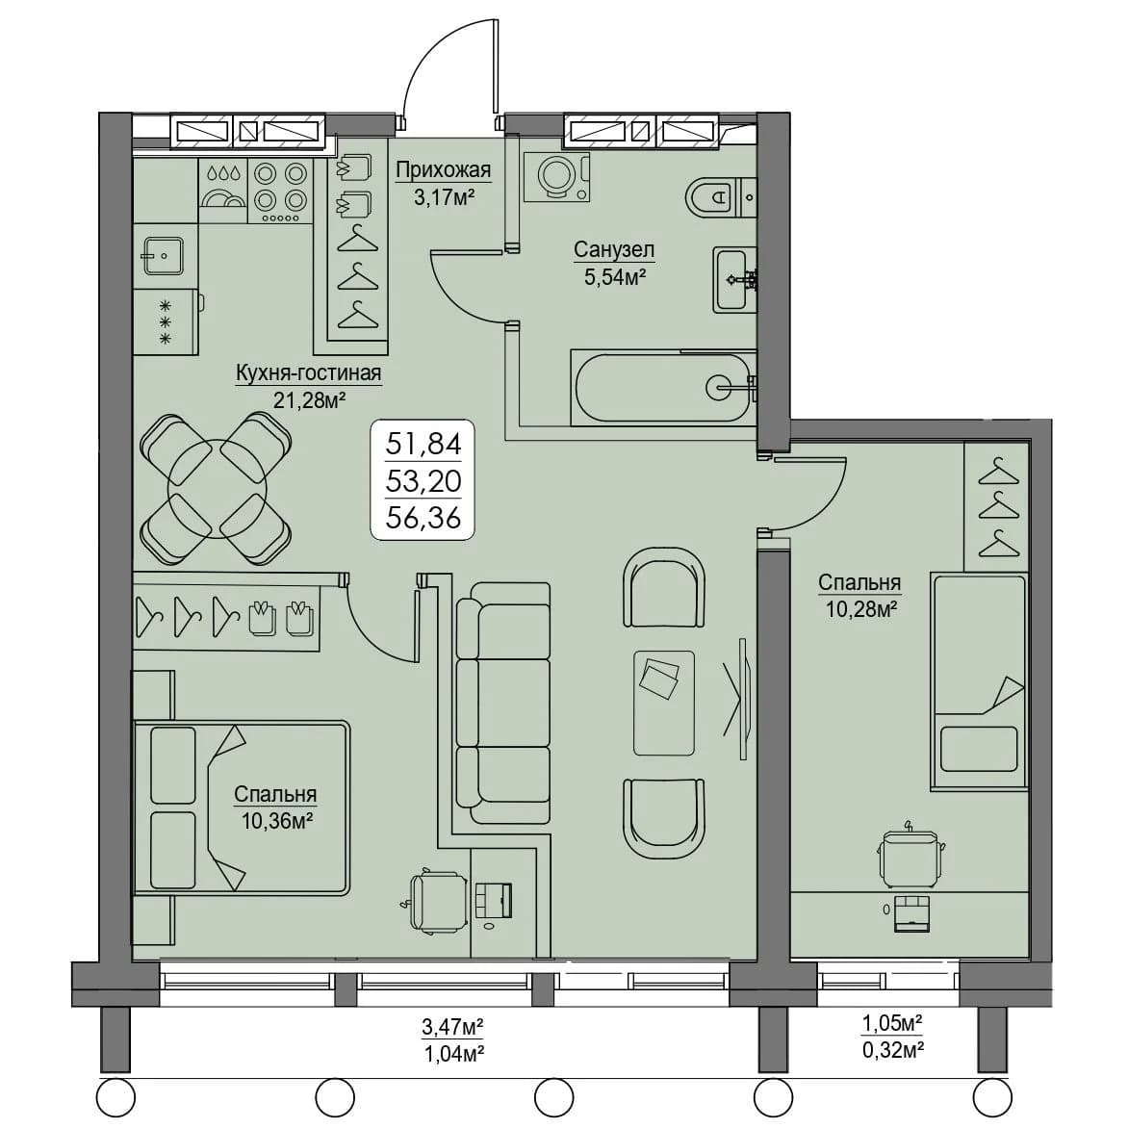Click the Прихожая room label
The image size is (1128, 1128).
[x=443, y=170]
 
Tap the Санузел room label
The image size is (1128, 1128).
[x=614, y=249]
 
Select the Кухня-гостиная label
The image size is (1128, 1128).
[x=309, y=372]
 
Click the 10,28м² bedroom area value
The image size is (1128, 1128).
[x=861, y=609]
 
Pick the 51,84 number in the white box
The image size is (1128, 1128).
[x=423, y=443]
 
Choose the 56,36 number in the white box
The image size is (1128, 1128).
[x=423, y=517]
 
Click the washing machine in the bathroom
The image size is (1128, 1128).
[x=557, y=175]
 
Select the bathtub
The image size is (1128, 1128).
[x=661, y=387]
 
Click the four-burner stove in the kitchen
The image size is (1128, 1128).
[x=279, y=192]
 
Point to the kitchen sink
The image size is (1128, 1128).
[x=164, y=255]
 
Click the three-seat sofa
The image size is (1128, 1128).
[x=504, y=703]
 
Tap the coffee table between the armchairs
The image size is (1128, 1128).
[x=663, y=703]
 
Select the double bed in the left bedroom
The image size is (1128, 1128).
[x=242, y=808]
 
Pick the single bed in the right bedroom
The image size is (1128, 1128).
[x=979, y=681]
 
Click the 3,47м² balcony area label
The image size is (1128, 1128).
[x=451, y=1026]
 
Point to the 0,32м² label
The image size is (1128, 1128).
[x=893, y=1050]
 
